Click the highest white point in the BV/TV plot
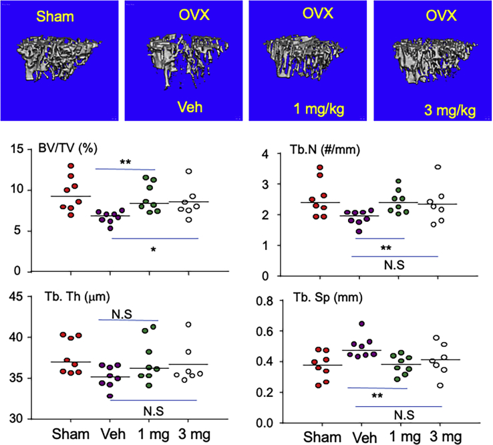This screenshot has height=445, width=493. pos(189,172)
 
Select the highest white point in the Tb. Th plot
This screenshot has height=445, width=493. pos(189,325)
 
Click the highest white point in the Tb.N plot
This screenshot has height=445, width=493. pos(438,167)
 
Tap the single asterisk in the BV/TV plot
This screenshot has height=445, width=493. pos(154,249)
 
